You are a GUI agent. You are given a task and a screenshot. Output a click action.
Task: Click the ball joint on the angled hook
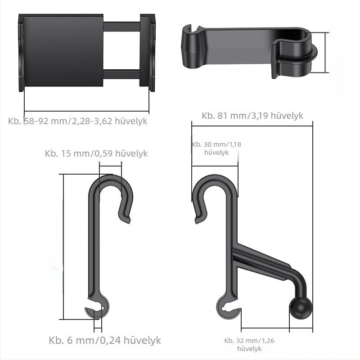[301, 308]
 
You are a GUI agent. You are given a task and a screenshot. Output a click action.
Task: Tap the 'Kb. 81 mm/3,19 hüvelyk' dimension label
[252, 116]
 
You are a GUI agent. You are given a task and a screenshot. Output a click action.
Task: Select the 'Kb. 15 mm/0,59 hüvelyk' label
[96, 153]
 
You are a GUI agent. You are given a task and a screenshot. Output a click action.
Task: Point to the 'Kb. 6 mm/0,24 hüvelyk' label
[105, 340]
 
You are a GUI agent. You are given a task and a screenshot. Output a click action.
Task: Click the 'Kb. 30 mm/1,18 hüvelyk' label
[216, 148]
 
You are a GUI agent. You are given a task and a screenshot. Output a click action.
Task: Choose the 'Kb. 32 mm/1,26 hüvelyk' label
[249, 344]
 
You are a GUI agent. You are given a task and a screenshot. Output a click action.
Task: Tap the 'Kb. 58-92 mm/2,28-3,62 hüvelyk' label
[77, 121]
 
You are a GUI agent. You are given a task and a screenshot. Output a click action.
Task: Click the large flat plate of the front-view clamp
[63, 50]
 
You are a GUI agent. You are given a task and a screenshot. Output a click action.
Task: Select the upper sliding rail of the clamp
[121, 27]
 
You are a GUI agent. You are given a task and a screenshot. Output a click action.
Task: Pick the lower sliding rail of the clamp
[121, 74]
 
